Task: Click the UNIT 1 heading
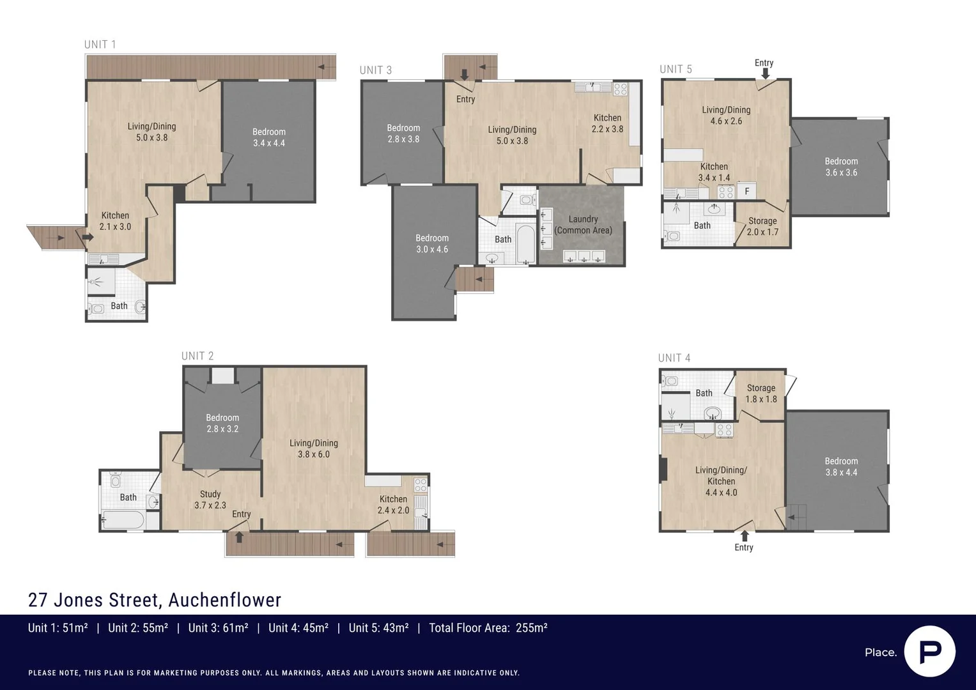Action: (100, 44)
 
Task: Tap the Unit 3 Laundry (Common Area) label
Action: (583, 225)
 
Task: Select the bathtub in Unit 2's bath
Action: (123, 520)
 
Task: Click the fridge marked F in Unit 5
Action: (747, 191)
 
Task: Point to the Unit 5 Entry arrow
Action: (765, 73)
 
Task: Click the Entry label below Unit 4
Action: (743, 548)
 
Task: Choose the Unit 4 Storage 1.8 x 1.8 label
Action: (761, 394)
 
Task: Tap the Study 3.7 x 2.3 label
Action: (210, 500)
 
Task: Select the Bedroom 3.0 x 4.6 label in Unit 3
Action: (432, 243)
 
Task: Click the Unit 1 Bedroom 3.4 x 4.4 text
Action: (269, 137)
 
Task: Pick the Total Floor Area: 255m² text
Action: (488, 628)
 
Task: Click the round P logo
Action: (929, 652)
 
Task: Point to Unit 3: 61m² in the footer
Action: (218, 628)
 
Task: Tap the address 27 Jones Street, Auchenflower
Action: (155, 600)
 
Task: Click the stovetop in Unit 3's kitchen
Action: (620, 89)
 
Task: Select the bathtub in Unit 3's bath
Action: (525, 243)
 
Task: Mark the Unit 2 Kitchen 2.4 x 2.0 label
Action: (393, 505)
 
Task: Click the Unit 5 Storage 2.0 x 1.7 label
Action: (763, 226)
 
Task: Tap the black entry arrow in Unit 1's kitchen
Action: (87, 237)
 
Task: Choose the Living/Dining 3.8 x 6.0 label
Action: (313, 448)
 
